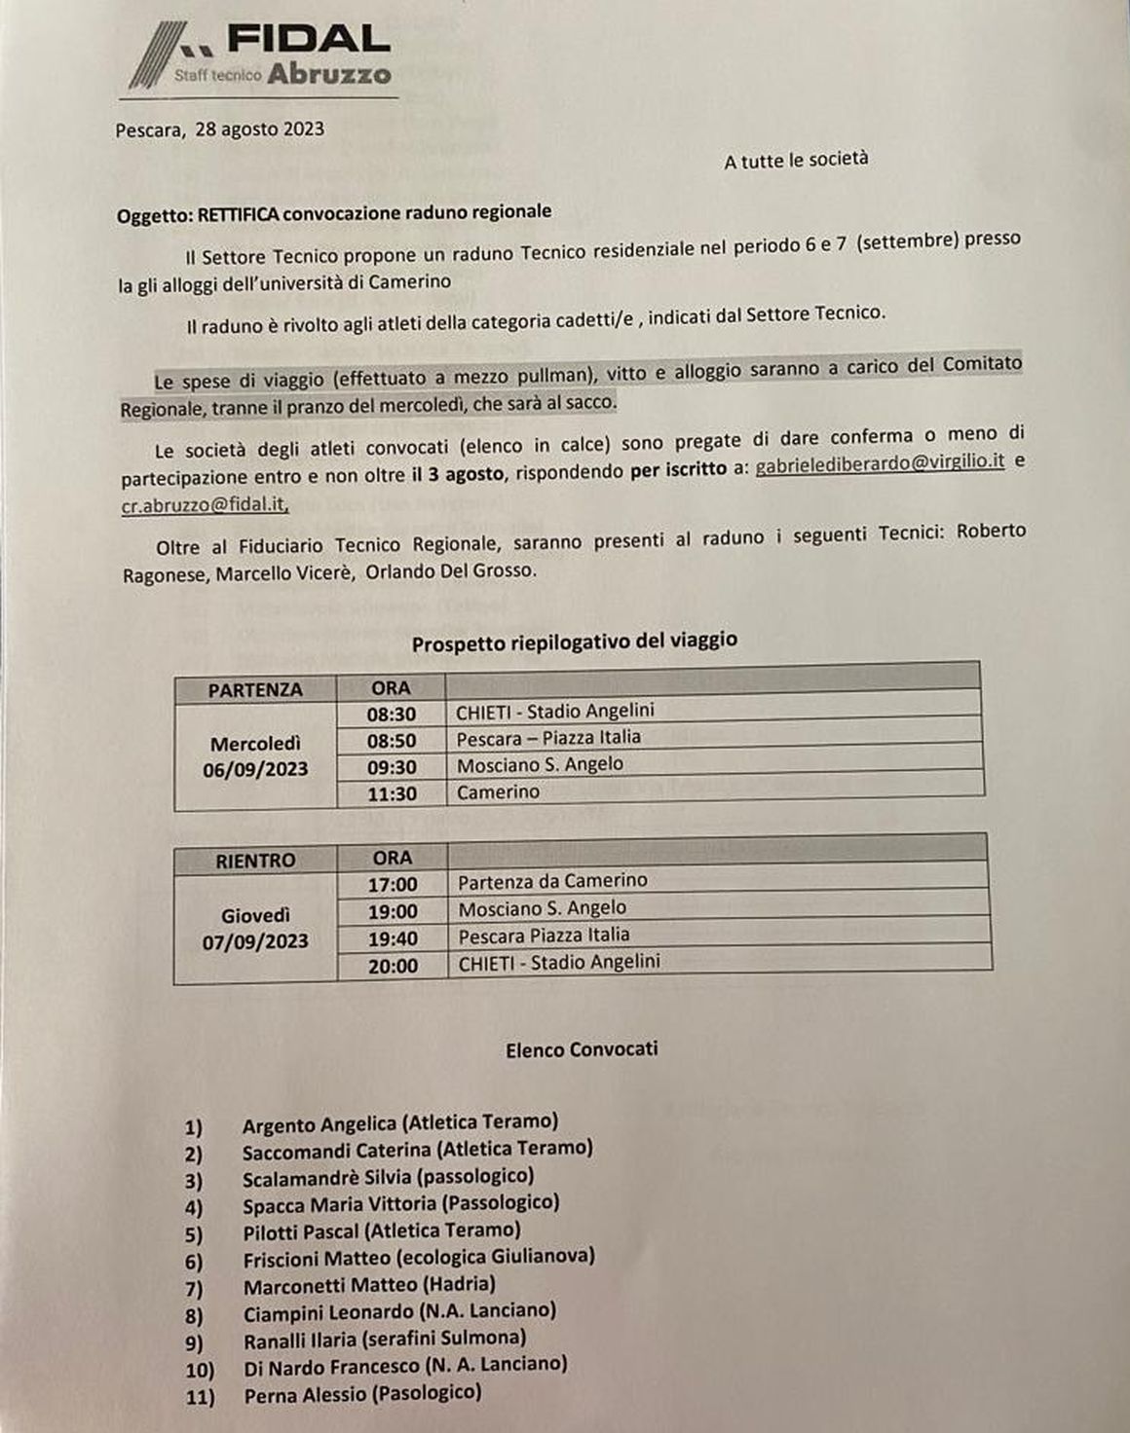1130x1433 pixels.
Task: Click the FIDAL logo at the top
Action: (x=261, y=55)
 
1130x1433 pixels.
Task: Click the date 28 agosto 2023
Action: (x=259, y=129)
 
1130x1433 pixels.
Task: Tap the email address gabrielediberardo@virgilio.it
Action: (x=880, y=463)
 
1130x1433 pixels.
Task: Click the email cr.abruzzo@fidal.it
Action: (x=205, y=504)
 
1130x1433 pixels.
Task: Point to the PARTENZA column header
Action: (x=255, y=689)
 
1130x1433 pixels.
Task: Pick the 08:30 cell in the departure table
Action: (x=392, y=714)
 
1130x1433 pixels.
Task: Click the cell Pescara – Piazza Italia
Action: (x=548, y=738)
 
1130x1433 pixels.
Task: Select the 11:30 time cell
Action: (x=392, y=793)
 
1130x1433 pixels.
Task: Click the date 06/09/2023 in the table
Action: (x=255, y=769)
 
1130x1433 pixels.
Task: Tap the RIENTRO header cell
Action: (x=255, y=861)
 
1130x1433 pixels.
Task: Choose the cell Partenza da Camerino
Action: (x=552, y=881)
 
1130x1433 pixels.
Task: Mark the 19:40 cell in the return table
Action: (x=393, y=938)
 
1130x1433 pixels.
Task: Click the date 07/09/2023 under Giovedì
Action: (x=255, y=941)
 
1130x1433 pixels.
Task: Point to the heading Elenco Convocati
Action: (x=582, y=1049)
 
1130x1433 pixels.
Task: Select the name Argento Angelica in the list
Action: (x=320, y=1124)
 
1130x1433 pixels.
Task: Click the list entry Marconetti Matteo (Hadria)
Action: (x=369, y=1285)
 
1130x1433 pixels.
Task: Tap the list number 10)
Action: (x=200, y=1371)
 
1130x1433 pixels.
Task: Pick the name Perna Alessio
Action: (x=304, y=1395)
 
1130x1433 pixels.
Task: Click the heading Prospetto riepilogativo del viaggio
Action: (x=574, y=643)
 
